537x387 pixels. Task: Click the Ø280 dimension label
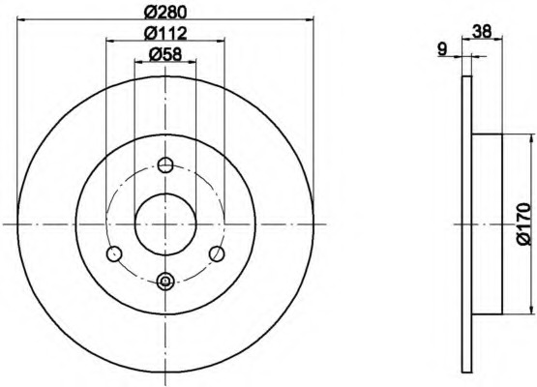[165, 13]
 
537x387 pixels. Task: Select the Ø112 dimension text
[165, 33]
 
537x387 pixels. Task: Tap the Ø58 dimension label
[165, 54]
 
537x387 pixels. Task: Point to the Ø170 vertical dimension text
[524, 224]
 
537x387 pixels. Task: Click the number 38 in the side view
[482, 32]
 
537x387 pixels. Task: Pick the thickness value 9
[442, 49]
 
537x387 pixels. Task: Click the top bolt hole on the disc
[165, 165]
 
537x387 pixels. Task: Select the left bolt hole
[114, 253]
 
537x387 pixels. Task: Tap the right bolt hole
[217, 253]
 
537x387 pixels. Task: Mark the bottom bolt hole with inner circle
[165, 282]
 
